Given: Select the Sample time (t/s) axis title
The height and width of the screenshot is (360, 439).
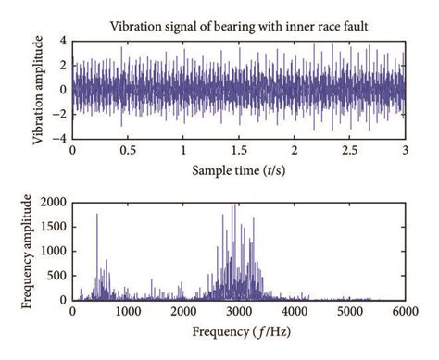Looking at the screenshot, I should [239, 171].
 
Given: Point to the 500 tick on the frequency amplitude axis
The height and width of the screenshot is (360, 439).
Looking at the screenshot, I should [57, 276].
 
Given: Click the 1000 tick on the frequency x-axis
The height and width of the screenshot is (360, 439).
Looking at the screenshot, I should [128, 312].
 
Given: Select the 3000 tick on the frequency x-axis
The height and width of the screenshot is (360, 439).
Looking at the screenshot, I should [239, 312].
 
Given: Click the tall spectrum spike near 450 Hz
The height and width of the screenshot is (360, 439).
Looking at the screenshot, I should [97, 216].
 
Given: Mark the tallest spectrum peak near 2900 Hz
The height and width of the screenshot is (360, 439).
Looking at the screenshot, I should [235, 205].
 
